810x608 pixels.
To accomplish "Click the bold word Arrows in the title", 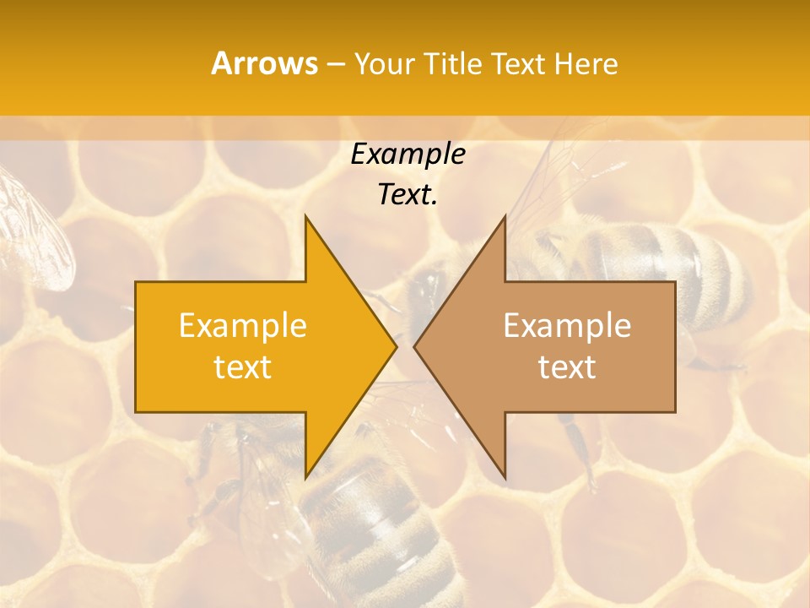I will pyautogui.click(x=264, y=63).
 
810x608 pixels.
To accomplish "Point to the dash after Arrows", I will pyautogui.click(x=335, y=64).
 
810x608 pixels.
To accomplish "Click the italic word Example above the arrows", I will pyautogui.click(x=408, y=155).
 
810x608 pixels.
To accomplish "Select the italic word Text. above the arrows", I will pyautogui.click(x=408, y=195).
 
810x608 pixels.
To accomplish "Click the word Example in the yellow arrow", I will pyautogui.click(x=243, y=326).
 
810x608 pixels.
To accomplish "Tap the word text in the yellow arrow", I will pyautogui.click(x=243, y=367).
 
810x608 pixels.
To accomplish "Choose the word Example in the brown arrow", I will pyautogui.click(x=567, y=326).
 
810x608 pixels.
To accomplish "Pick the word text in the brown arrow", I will pyautogui.click(x=567, y=367).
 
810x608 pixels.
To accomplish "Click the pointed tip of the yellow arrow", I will pyautogui.click(x=396, y=347).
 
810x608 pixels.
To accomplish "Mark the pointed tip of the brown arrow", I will pyautogui.click(x=414, y=347).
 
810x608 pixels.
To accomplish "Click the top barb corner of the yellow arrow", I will pyautogui.click(x=305, y=216).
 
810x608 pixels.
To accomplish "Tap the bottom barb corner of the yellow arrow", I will pyautogui.click(x=305, y=479).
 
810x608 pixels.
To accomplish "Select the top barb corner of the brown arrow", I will pyautogui.click(x=505, y=216).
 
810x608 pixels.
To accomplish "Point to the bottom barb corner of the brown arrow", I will pyautogui.click(x=505, y=479).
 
